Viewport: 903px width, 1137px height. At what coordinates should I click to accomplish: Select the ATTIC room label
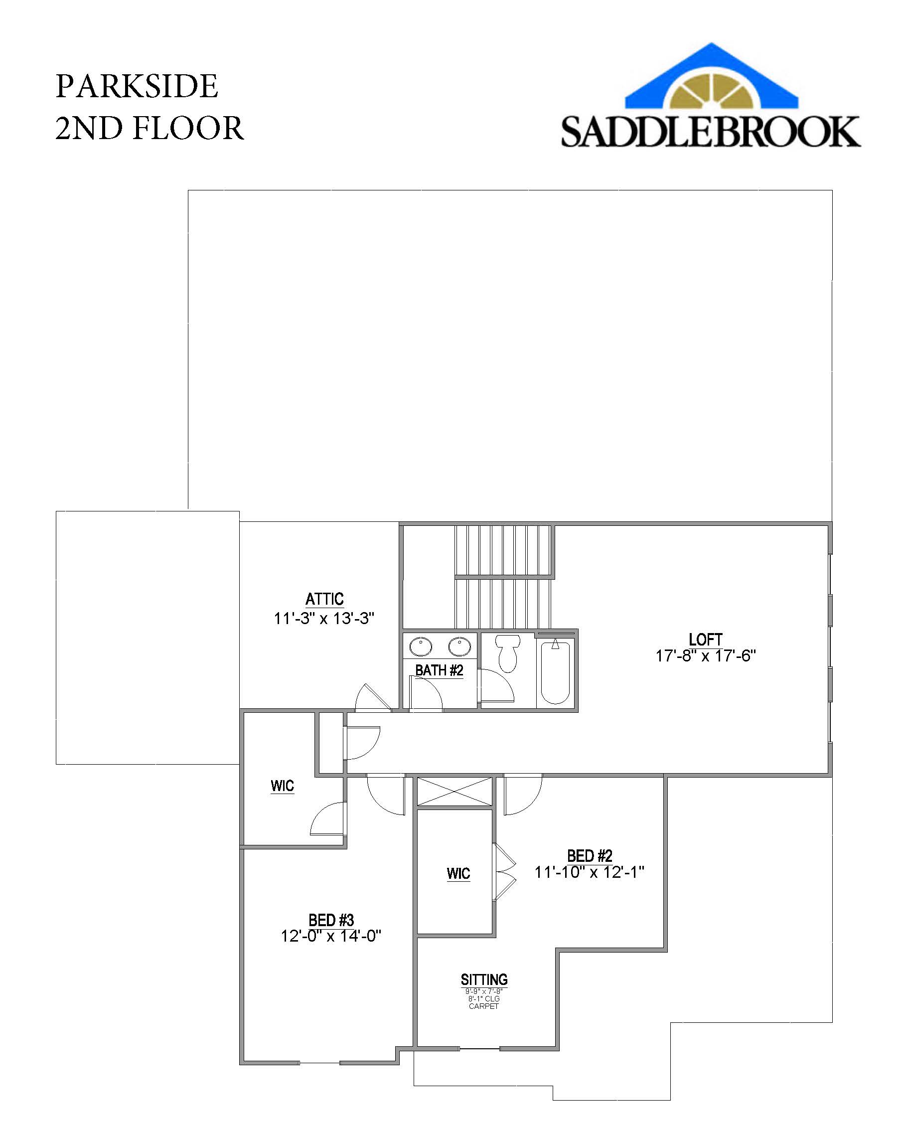[324, 599]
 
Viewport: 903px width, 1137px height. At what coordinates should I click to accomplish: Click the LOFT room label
[705, 639]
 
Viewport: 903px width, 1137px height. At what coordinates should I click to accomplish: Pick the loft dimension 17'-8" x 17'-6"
[705, 656]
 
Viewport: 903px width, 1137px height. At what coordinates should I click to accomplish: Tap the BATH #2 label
[439, 670]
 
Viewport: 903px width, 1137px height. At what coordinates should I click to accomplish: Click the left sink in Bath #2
[421, 646]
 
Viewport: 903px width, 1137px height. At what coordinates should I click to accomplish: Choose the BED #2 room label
[590, 855]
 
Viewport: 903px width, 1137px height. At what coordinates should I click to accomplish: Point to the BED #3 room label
[331, 920]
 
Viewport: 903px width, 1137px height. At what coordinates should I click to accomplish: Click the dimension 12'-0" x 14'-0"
[331, 936]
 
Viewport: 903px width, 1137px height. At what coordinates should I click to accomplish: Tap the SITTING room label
[484, 980]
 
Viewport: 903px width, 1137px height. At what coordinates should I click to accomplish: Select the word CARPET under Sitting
[483, 1006]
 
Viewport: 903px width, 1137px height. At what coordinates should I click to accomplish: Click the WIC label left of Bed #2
[458, 874]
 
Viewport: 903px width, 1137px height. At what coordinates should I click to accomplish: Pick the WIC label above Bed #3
[282, 786]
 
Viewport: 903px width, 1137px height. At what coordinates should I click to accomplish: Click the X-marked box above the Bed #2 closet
[454, 791]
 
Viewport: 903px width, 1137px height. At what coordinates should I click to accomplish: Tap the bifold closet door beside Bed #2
[504, 872]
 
